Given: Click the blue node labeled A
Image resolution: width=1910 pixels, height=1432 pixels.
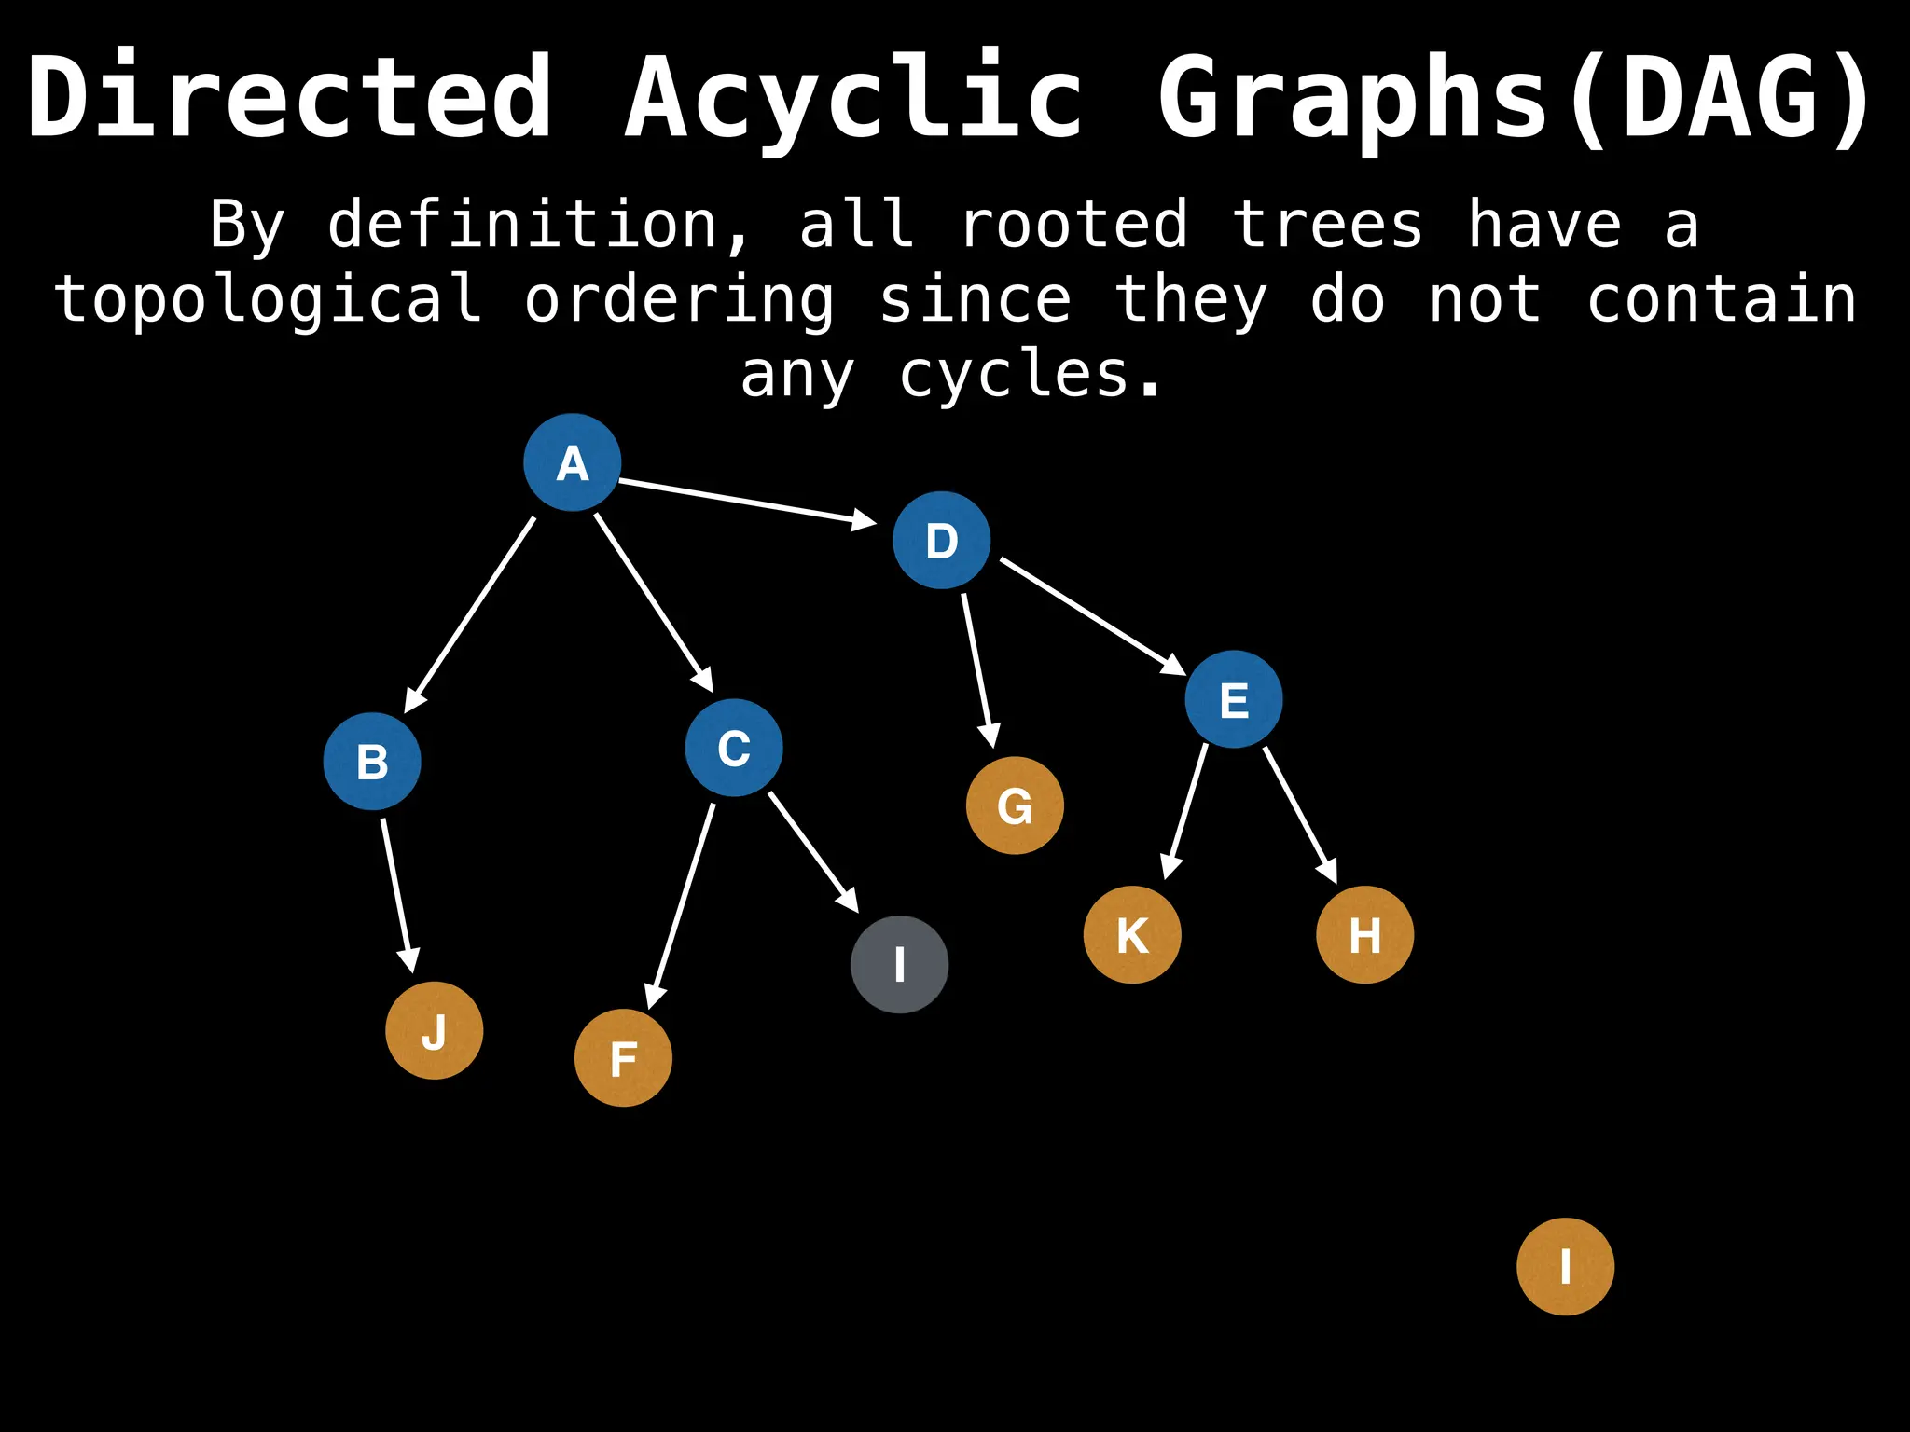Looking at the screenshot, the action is pos(572,462).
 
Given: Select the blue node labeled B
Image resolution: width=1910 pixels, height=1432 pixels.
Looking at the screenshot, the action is pos(372,762).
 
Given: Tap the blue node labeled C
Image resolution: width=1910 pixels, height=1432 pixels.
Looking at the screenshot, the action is pos(734,748).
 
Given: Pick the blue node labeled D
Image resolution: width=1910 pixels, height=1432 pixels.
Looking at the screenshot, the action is pos(941,541).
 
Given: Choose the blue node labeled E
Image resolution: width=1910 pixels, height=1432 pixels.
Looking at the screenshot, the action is pos(1234,699).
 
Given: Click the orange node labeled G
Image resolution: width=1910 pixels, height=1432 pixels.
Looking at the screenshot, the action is pos(1015,805).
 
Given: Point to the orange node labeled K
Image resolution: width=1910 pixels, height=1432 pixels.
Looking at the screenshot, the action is pos(1132,934).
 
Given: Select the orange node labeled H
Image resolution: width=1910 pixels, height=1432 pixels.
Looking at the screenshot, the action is pos(1364,934).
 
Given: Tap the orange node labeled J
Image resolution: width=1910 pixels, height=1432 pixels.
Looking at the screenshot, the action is pos(435,1030).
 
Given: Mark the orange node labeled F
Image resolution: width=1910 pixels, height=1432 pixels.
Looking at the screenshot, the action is pos(623,1058).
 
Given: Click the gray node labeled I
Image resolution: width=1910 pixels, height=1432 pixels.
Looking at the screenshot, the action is pos(900,964).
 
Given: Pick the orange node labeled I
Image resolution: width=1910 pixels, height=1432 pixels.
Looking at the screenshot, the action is pos(1565,1266).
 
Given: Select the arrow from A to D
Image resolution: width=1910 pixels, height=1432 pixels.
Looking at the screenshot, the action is pos(746,502).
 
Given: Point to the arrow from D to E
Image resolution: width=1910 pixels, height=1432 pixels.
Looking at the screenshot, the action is pos(1092,615).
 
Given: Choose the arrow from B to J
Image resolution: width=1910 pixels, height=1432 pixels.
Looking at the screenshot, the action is pos(397,895).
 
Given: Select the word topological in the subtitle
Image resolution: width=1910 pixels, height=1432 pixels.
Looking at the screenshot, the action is pos(269,300).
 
